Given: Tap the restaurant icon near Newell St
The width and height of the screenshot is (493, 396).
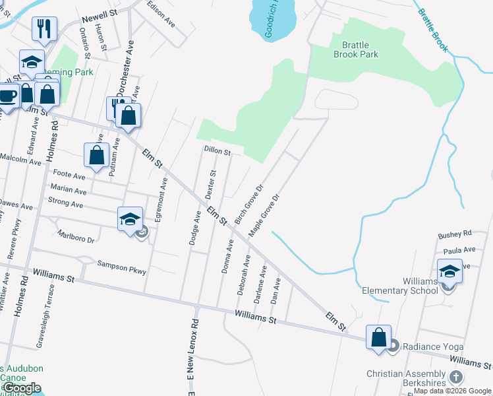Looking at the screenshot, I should [x=44, y=28].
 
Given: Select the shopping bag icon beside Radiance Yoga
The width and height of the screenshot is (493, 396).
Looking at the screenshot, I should [x=378, y=337].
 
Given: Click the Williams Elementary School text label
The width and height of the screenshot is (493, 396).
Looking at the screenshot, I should [x=400, y=286].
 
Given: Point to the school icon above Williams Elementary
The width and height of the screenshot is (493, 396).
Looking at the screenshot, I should [x=449, y=271].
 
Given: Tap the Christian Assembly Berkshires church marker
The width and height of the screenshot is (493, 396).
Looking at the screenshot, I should [x=455, y=378].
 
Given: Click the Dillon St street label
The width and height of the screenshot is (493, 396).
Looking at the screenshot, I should [x=217, y=151].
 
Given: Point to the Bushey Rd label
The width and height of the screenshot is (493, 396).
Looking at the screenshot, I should [x=455, y=234].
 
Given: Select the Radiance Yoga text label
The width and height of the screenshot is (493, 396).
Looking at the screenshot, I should [x=433, y=346].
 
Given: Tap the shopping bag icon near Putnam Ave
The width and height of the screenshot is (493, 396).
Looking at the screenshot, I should [x=97, y=155].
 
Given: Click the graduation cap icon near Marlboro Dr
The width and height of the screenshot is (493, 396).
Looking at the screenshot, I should [x=130, y=218].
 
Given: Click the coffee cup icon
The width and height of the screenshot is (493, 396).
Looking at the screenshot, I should [x=8, y=97].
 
